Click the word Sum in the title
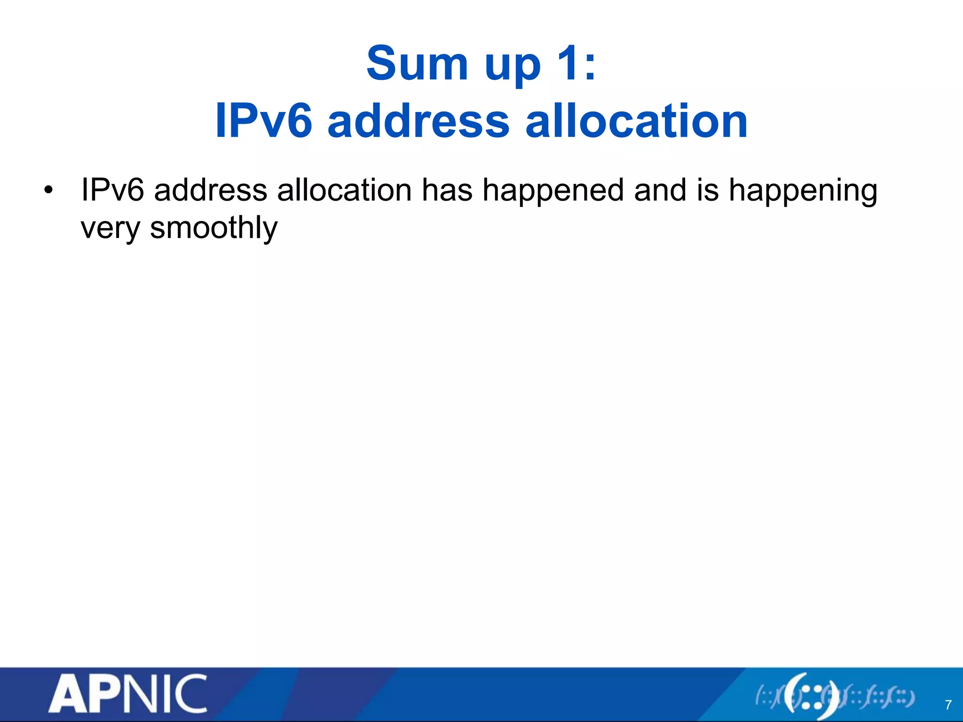click(417, 63)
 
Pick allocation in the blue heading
click(636, 121)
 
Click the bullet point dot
click(48, 191)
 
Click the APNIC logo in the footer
click(128, 694)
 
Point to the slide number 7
click(948, 705)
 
